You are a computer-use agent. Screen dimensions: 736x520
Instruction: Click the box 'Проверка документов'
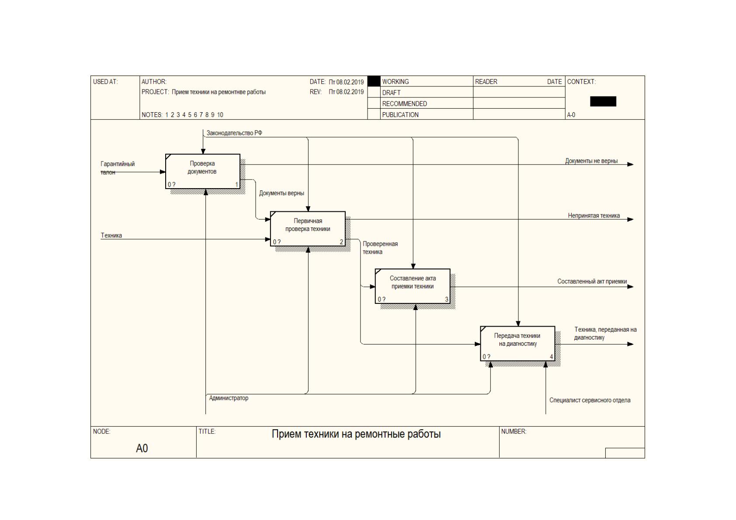[203, 171]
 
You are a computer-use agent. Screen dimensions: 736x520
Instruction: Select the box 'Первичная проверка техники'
[308, 229]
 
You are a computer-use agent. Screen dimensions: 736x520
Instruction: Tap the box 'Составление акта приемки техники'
[413, 286]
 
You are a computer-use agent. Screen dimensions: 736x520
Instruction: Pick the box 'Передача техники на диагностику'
[518, 344]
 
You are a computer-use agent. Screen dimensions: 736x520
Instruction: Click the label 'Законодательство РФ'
[234, 133]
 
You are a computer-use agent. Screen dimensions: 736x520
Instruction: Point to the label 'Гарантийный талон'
[117, 168]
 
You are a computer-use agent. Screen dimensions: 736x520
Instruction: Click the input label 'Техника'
[111, 235]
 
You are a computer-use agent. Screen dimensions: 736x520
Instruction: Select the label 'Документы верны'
[281, 193]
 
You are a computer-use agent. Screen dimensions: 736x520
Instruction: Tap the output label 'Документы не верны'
[591, 161]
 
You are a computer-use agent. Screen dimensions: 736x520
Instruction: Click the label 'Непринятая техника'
[594, 216]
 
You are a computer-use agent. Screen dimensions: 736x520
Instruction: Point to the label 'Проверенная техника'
[380, 248]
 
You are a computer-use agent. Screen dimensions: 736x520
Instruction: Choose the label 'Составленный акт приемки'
[592, 281]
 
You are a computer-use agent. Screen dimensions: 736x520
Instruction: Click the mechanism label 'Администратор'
[229, 398]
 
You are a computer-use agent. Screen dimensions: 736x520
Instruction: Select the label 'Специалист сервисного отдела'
[590, 400]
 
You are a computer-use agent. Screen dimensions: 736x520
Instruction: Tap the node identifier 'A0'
[142, 448]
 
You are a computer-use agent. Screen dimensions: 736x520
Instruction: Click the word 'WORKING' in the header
[395, 81]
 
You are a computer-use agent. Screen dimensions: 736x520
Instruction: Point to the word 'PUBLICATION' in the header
[400, 114]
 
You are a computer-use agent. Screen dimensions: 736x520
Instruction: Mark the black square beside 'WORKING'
[374, 81]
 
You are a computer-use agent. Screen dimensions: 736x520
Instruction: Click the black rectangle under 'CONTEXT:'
[603, 101]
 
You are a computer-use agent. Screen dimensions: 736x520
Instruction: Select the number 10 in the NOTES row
[220, 114]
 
